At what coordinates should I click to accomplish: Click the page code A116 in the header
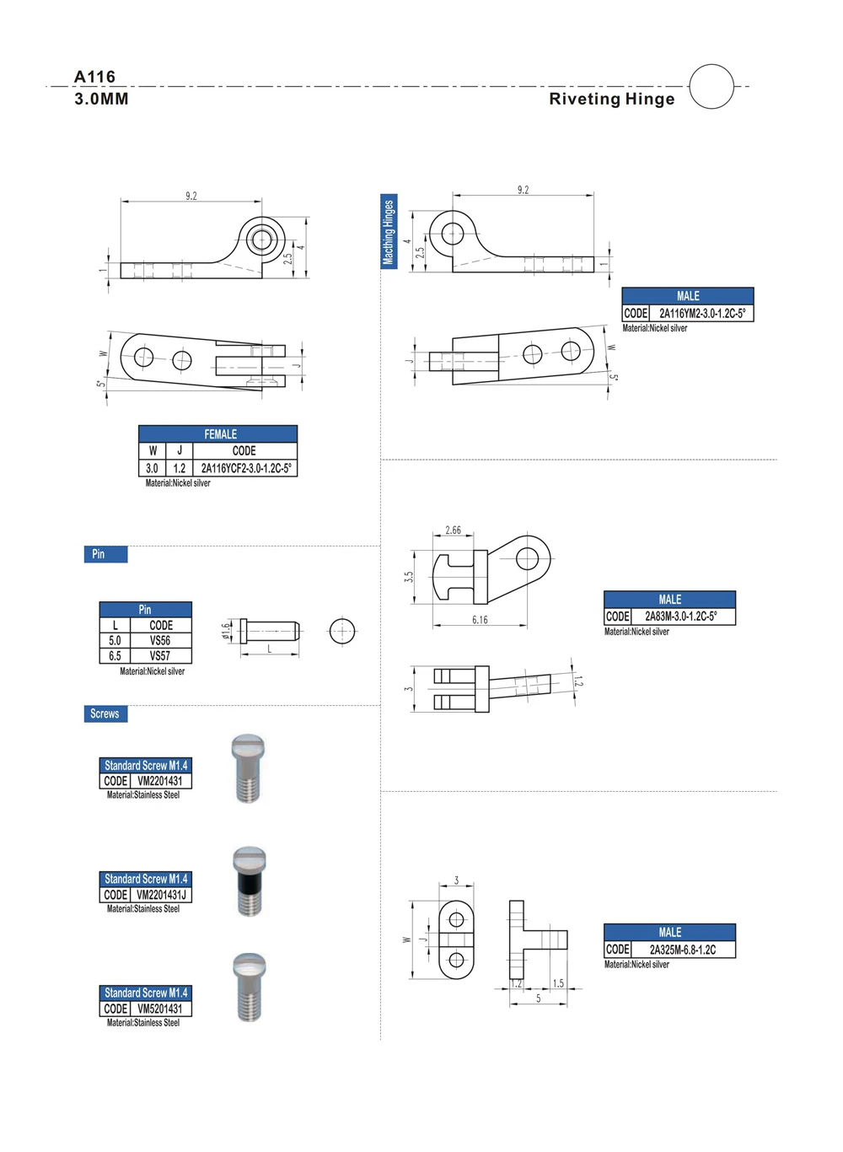(x=94, y=77)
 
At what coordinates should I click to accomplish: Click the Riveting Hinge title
(x=611, y=99)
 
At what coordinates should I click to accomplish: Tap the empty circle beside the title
(x=711, y=86)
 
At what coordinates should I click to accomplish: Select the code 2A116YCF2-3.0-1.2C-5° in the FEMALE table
(x=245, y=468)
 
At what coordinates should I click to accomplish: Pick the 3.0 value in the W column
(x=152, y=468)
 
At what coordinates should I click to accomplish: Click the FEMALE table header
(x=218, y=434)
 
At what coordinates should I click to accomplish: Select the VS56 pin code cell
(x=160, y=641)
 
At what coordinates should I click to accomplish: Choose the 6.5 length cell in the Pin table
(x=115, y=655)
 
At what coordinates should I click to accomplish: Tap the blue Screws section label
(x=105, y=713)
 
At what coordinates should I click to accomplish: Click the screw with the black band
(x=249, y=881)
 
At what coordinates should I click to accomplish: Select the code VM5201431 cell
(x=159, y=1009)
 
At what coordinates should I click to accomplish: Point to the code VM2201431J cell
(x=160, y=895)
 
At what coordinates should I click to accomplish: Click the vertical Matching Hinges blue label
(x=389, y=232)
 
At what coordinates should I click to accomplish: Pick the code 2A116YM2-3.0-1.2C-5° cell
(x=701, y=314)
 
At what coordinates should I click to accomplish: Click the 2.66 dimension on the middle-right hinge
(x=453, y=530)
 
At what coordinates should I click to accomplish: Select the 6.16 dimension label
(x=480, y=620)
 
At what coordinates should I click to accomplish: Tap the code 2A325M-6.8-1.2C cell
(x=682, y=950)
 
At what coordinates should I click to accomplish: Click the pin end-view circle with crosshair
(x=342, y=631)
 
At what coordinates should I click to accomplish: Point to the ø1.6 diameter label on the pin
(x=226, y=631)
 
